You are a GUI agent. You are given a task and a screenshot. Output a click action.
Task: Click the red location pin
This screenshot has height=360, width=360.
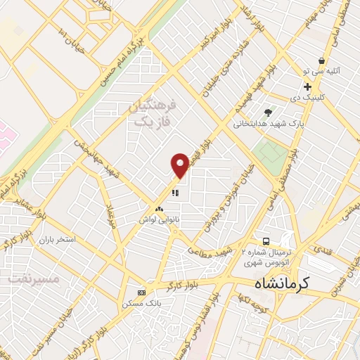tap(180, 165)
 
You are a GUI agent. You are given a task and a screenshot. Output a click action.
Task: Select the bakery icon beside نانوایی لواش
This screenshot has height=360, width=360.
tap(158, 209)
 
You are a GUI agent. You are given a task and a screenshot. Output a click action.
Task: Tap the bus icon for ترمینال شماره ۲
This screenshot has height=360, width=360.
tap(266, 240)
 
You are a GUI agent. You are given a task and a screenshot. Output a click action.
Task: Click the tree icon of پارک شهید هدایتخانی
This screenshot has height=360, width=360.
tap(268, 112)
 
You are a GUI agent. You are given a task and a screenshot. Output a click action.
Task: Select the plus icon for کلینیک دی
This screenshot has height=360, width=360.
tap(308, 86)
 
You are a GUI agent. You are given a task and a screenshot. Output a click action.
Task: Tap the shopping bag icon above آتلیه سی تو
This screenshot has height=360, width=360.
tap(321, 61)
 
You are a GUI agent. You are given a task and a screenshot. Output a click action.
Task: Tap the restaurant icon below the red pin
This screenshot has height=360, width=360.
tap(176, 191)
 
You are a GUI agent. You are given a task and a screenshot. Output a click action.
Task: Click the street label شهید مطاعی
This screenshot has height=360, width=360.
tap(214, 251)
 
